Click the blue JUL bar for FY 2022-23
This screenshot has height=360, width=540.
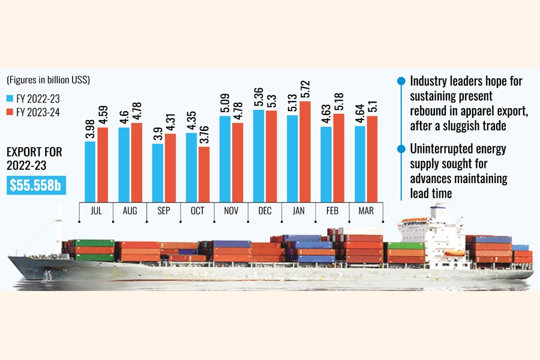(90, 172)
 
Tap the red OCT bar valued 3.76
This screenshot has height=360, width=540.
(203, 174)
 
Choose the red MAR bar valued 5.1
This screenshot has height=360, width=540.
(372, 158)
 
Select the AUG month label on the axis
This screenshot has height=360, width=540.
(130, 211)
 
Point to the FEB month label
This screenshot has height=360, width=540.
(332, 211)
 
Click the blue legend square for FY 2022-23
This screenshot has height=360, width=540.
(10, 98)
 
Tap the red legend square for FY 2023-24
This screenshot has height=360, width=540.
(10, 111)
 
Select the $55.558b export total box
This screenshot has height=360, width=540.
(37, 185)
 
